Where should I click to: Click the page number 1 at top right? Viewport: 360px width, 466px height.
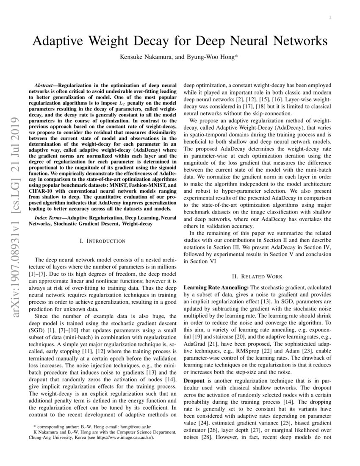pyautogui.click(x=330, y=17)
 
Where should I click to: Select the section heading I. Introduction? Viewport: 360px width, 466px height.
pyautogui.click(x=102, y=241)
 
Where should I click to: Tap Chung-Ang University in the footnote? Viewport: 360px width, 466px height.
pyautogui.click(x=53, y=438)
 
